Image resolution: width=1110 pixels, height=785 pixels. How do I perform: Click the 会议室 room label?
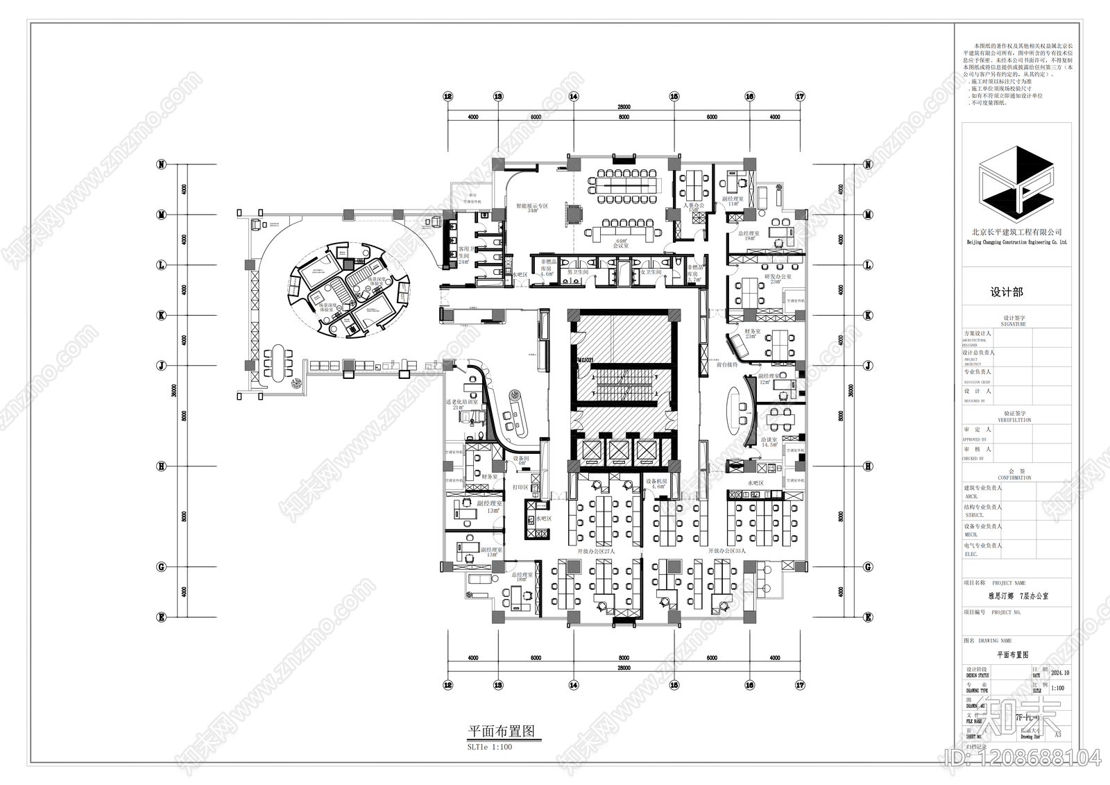pos(620,246)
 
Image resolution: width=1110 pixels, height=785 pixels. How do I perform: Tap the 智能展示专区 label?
pos(531,206)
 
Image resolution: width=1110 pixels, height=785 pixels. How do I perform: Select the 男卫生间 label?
pos(578,272)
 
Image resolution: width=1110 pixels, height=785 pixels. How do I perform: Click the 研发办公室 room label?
pos(777,276)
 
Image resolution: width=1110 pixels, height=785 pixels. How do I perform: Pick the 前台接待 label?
pos(726,364)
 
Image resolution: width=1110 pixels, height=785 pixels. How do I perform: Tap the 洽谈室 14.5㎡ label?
pos(769,441)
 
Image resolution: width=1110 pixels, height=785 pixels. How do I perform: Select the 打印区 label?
pos(520,487)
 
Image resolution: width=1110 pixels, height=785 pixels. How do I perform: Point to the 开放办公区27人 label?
pos(596,551)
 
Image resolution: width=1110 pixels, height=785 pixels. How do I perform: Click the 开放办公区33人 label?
pos(726,551)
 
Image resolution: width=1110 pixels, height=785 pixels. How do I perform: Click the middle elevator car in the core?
pos(621,450)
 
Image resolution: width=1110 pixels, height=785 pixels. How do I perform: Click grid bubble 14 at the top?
pos(573,97)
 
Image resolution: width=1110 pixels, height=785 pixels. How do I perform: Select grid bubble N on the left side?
pos(162,164)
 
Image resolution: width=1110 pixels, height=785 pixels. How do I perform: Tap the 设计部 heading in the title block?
pos(1007,292)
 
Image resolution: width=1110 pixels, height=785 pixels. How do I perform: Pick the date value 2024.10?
pos(1061,673)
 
